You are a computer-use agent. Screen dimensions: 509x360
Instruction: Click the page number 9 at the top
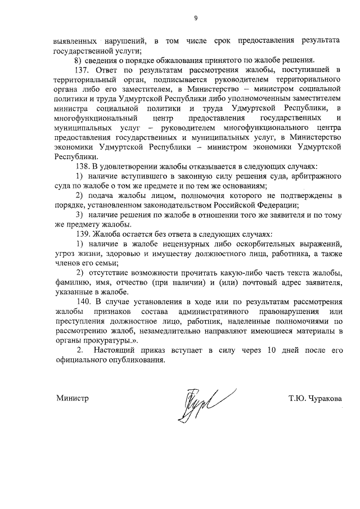click(196, 19)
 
